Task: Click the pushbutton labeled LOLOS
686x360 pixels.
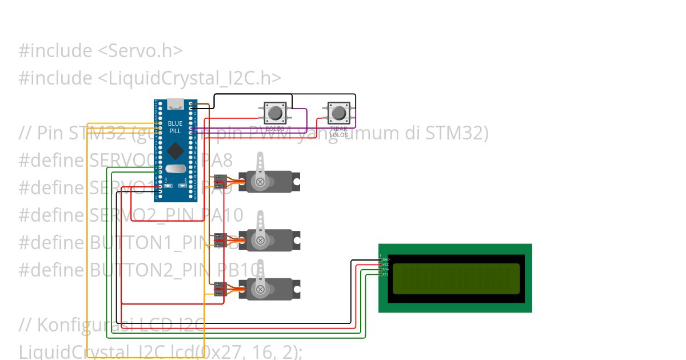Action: pyautogui.click(x=275, y=112)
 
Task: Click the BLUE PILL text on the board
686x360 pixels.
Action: pyautogui.click(x=175, y=127)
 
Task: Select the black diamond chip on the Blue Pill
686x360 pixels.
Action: pyautogui.click(x=175, y=151)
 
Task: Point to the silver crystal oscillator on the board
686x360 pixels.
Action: pyautogui.click(x=176, y=169)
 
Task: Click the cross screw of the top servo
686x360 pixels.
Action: pyautogui.click(x=261, y=182)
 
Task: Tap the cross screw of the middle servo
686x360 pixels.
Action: pyautogui.click(x=261, y=240)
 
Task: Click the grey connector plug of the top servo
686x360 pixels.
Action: pyautogui.click(x=219, y=182)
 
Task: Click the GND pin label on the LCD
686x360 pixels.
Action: pyautogui.click(x=386, y=259)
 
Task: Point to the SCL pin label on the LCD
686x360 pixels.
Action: pyautogui.click(x=386, y=274)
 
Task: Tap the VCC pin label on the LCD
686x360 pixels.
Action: pyautogui.click(x=386, y=265)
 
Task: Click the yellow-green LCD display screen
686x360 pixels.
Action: pyautogui.click(x=456, y=279)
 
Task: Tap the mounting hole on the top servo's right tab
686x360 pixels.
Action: pyautogui.click(x=296, y=181)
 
